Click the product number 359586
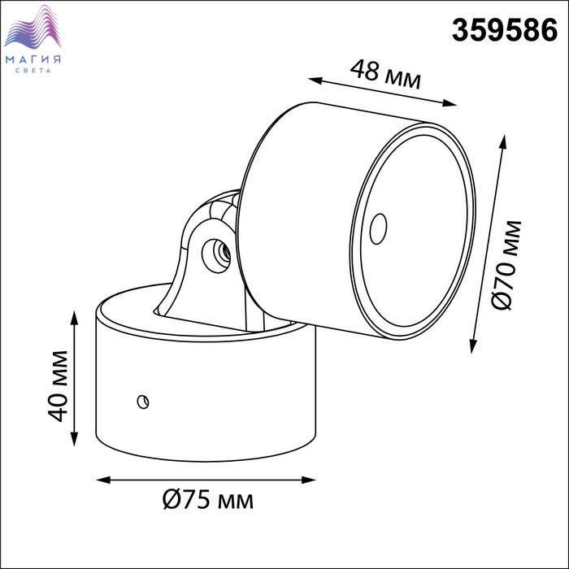[505, 30]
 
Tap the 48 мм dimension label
[385, 75]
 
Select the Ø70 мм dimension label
[507, 265]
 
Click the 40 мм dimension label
[58, 386]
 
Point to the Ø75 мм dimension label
[207, 500]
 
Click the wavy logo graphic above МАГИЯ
[33, 27]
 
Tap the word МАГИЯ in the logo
[33, 59]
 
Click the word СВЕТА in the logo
[33, 71]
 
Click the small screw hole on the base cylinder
[143, 402]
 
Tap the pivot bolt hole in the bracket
[216, 255]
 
